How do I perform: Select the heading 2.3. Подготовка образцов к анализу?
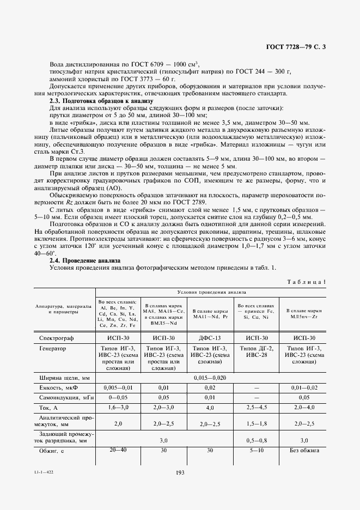[x=101, y=101]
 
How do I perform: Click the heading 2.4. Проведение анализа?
[x=81, y=260]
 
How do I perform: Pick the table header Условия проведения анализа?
[x=211, y=292]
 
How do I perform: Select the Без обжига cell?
[x=303, y=451]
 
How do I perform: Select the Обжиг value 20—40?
[x=117, y=451]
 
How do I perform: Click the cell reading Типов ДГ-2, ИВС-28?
[x=257, y=352]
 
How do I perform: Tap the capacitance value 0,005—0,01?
[x=117, y=387]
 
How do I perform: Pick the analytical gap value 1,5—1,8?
[x=257, y=423]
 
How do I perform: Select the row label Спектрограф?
[x=57, y=338]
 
